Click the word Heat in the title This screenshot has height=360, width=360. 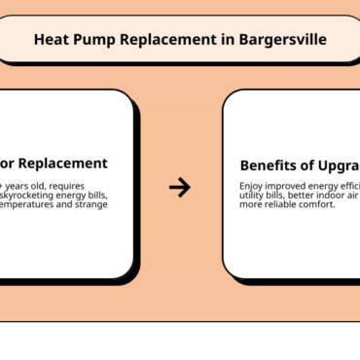point(52,40)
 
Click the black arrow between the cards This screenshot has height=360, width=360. point(179,187)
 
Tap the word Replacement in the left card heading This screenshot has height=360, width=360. point(61,163)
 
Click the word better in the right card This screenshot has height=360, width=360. point(295,196)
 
